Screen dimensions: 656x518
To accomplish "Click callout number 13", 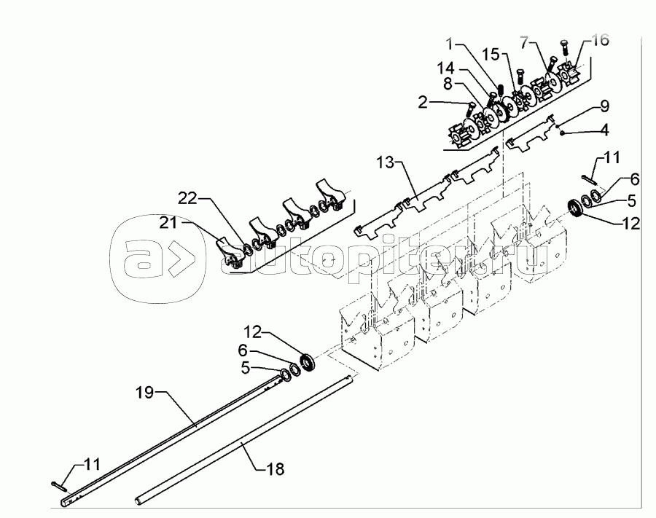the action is [385, 162].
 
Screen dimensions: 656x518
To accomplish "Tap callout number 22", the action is [187, 198].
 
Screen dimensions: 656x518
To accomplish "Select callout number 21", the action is [168, 223].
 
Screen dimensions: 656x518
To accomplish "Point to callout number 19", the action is [145, 393].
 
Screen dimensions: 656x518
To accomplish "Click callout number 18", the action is [275, 468].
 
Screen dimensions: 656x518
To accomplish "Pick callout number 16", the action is [601, 41].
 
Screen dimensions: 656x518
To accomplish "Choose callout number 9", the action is [604, 106].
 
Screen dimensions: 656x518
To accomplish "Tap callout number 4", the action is [604, 130].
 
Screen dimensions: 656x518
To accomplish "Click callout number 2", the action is [423, 102].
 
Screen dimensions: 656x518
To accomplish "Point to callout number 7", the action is [525, 42].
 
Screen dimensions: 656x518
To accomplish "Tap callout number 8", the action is [448, 84].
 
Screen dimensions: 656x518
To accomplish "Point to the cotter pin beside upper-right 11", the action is [589, 179].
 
